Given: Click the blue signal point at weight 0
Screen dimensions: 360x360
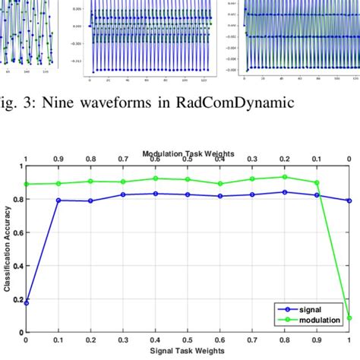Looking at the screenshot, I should [x=27, y=302].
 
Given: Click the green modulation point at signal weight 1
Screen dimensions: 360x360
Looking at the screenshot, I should [x=349, y=318].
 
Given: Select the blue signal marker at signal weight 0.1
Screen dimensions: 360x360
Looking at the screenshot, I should [x=58, y=201].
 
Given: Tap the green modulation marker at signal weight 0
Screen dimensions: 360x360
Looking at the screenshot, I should [x=27, y=184].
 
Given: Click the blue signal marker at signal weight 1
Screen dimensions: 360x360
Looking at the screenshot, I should [x=349, y=201].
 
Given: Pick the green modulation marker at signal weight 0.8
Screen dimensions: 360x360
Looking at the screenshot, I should [x=284, y=177].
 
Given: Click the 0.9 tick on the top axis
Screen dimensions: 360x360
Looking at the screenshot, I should [x=58, y=160].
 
